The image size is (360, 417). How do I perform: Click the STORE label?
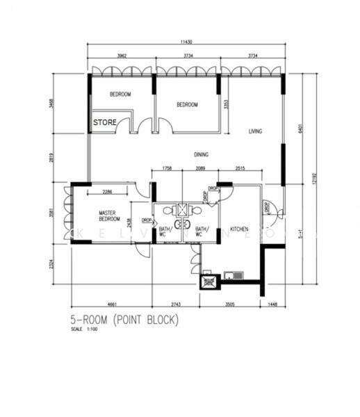coord(106,122)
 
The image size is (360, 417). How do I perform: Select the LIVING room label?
coord(255,131)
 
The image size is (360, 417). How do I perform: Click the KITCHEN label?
coord(240,229)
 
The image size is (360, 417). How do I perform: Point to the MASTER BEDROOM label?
coord(110,216)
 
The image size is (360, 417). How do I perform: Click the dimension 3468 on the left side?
coord(59,106)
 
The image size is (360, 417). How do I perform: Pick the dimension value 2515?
coord(240,168)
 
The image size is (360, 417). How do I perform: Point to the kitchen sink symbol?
coord(237,275)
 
